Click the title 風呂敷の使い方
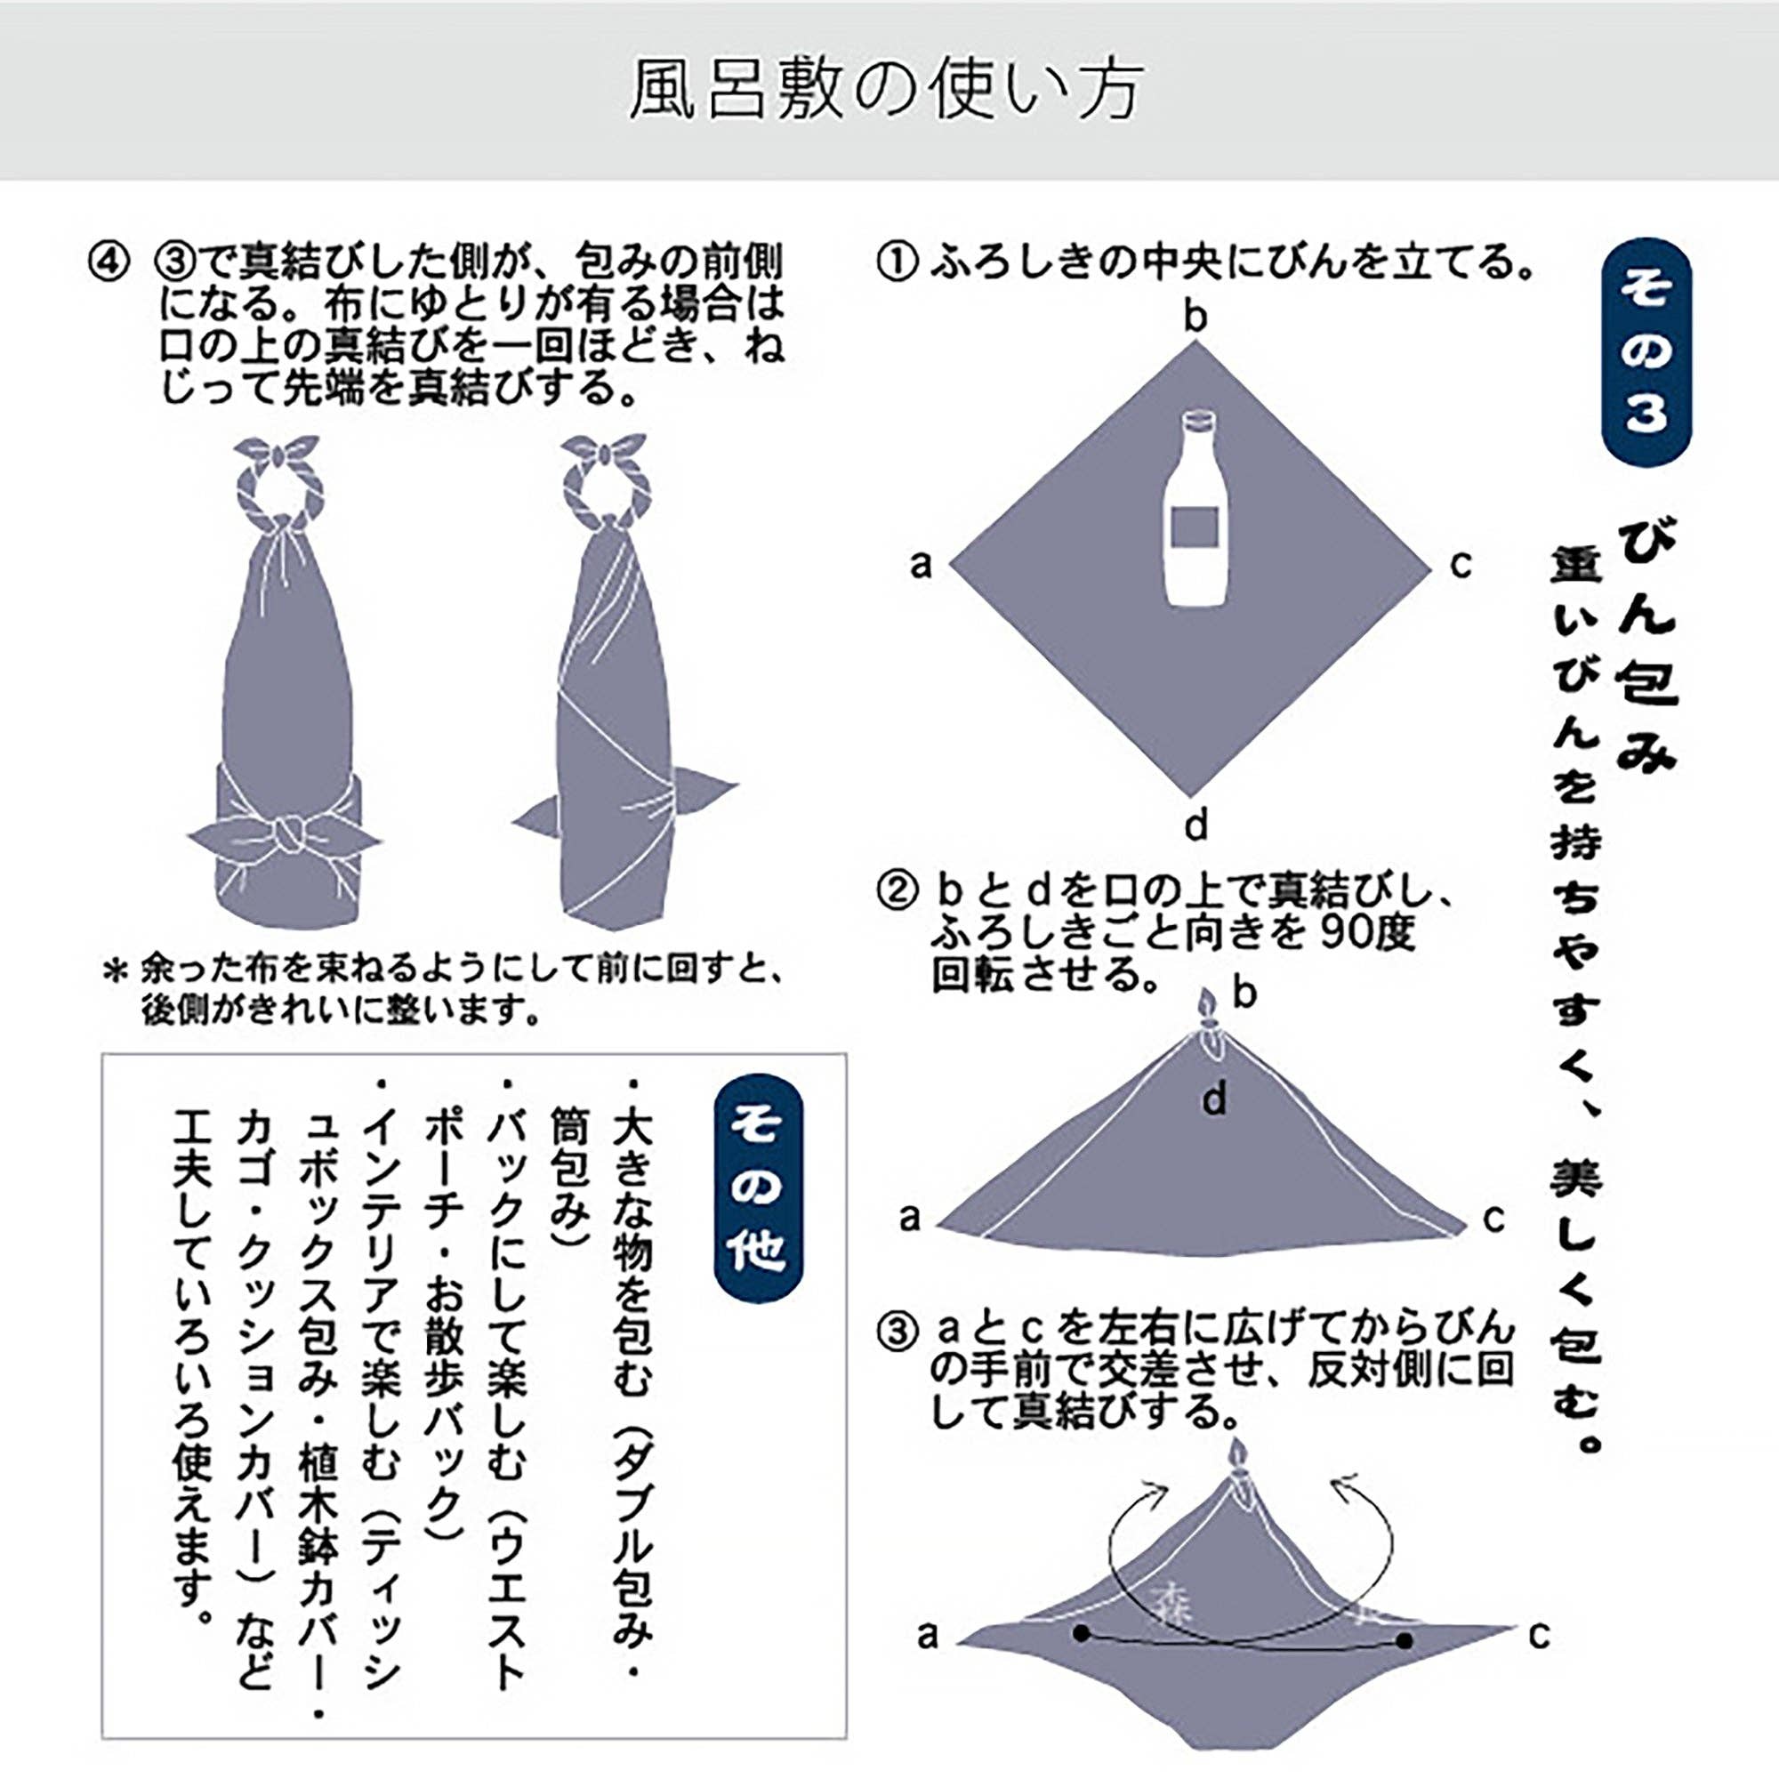pyautogui.click(x=886, y=90)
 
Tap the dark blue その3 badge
pyautogui.click(x=1646, y=351)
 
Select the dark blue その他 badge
pyautogui.click(x=758, y=1187)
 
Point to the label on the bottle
pyautogui.click(x=1195, y=527)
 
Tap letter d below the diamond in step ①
pyautogui.click(x=1195, y=825)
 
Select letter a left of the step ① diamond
pyautogui.click(x=921, y=565)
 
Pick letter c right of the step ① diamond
pyautogui.click(x=1461, y=565)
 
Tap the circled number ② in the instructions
pyautogui.click(x=896, y=891)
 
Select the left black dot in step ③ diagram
pyautogui.click(x=1081, y=1634)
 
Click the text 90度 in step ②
pyautogui.click(x=1364, y=934)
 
